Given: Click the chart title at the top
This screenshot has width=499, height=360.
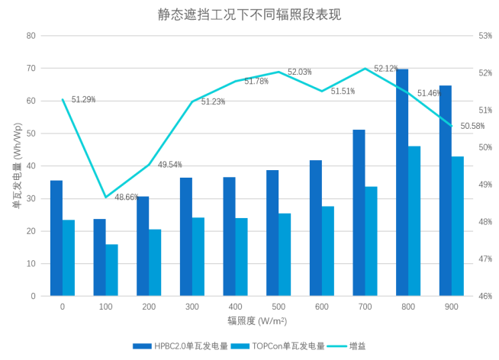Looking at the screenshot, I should [x=249, y=14].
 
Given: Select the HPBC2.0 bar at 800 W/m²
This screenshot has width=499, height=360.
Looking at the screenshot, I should [x=402, y=182].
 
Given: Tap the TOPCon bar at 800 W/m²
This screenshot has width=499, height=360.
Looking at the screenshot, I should [x=414, y=220].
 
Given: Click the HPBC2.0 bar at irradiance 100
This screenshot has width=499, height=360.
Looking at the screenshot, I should [x=99, y=257].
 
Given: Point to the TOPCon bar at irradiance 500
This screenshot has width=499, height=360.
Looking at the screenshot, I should [x=285, y=254].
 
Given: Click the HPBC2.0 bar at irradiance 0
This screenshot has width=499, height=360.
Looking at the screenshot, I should [x=56, y=237].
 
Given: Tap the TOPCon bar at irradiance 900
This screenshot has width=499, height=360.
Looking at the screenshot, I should [x=458, y=226].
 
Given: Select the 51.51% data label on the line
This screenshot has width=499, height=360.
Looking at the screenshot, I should [x=343, y=92].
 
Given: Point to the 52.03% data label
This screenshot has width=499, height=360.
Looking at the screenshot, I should [x=300, y=72].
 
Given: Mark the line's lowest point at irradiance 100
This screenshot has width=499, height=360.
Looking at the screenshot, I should [x=106, y=198].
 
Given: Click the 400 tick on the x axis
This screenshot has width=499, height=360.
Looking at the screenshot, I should [x=236, y=306].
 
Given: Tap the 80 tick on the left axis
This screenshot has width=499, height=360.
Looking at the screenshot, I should [x=31, y=35].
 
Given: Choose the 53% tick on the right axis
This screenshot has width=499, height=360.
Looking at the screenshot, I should [x=485, y=35].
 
